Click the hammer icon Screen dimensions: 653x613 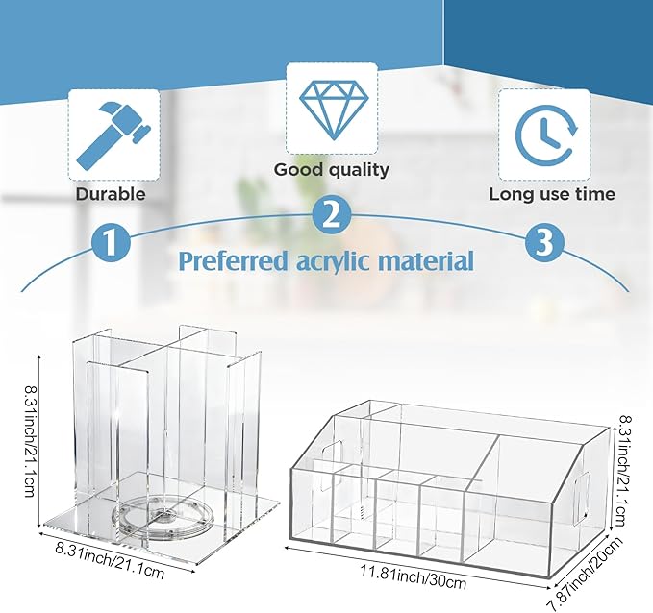point(113,135)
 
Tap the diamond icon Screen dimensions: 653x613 point(334,109)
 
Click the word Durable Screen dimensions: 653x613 point(111,194)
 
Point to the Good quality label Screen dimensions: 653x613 point(332,170)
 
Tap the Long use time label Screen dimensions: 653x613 point(552,194)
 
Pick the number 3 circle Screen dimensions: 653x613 point(544,242)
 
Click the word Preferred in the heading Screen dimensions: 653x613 point(234,261)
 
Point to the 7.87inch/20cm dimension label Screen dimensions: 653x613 point(584,575)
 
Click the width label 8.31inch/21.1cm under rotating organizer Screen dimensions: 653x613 point(110,561)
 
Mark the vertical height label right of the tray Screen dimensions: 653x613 point(623,470)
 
